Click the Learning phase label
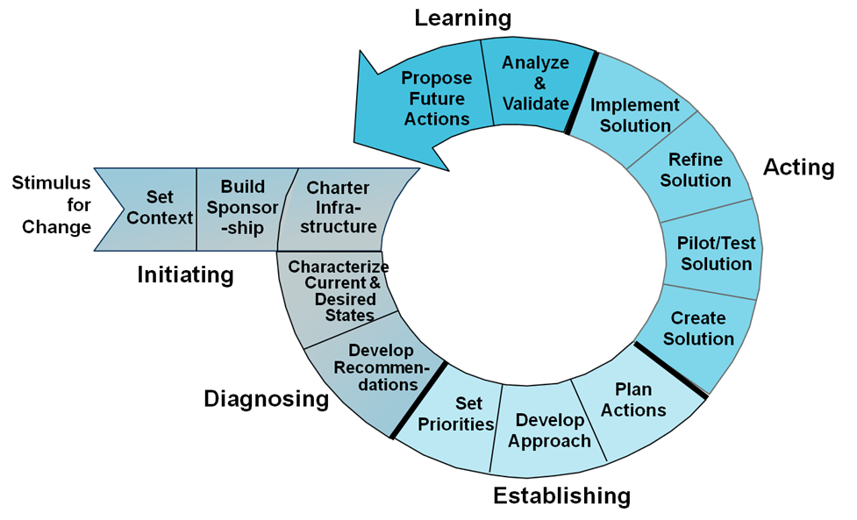click(462, 18)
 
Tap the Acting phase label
click(798, 167)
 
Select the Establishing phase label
click(561, 495)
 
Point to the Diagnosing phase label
click(266, 400)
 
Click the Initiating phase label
click(185, 275)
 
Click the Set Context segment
click(158, 206)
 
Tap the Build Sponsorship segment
click(243, 207)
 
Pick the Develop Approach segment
click(549, 430)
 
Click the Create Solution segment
click(698, 328)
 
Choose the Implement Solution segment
click(635, 115)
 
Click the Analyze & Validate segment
click(535, 83)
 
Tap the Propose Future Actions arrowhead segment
click(436, 97)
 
